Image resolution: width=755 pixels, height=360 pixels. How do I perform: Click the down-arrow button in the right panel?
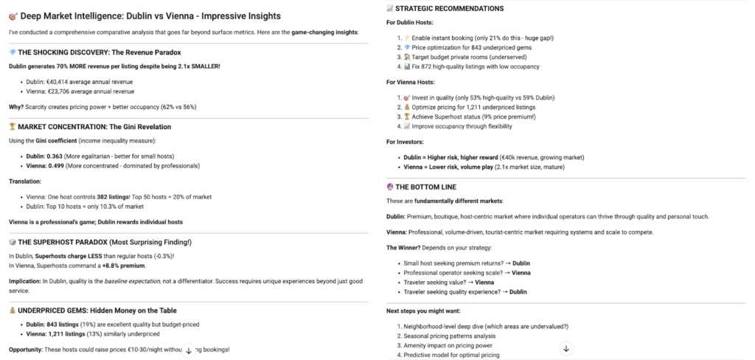point(566,348)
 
